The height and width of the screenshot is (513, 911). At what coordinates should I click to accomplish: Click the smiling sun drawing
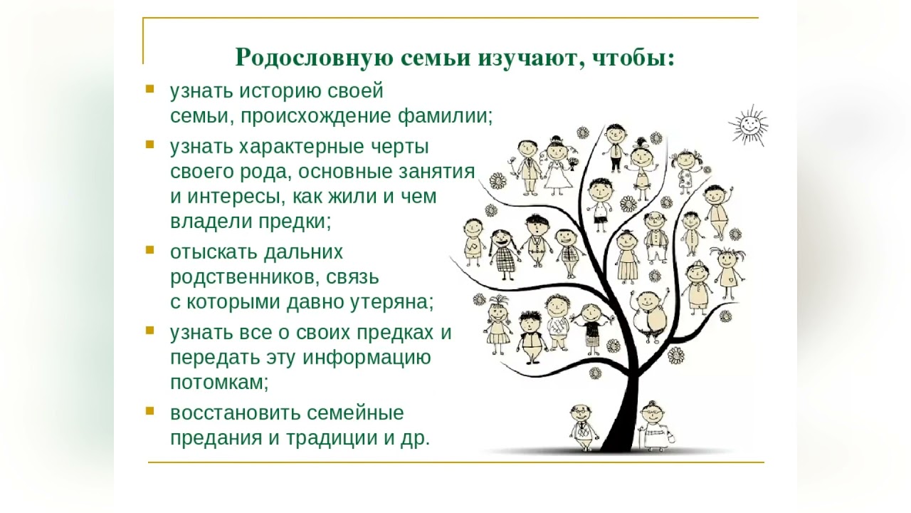747,126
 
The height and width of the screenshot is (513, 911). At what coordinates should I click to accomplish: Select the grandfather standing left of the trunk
581,426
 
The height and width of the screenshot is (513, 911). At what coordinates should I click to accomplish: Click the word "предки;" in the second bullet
300,221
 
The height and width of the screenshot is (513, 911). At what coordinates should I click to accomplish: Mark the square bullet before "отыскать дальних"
149,250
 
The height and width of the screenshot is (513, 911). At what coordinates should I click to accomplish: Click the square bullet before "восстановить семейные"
149,411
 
